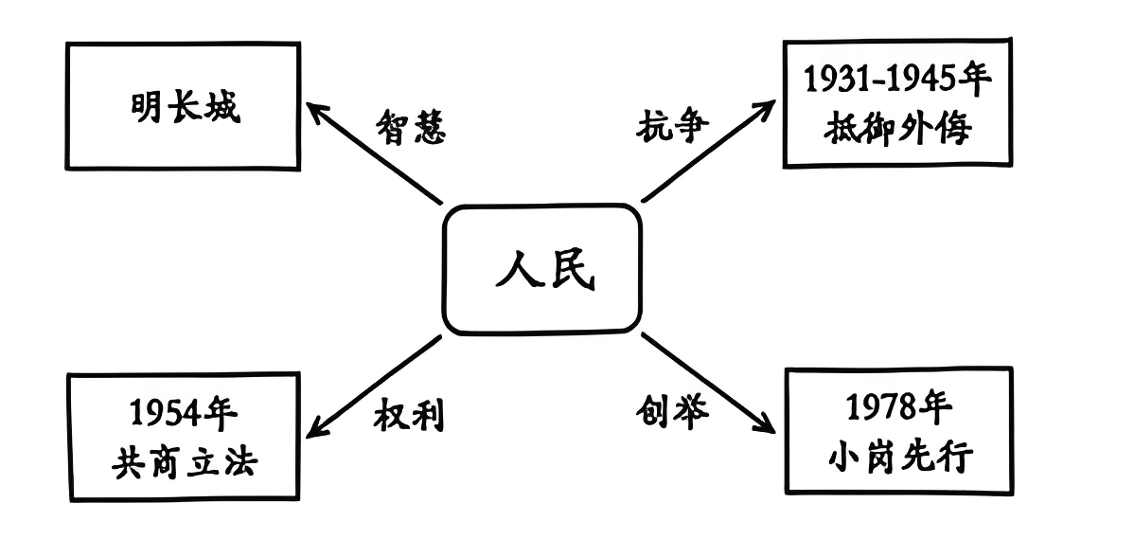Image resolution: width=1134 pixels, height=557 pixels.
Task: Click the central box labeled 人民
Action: point(543,269)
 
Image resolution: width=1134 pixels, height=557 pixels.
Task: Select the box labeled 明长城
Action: point(184,105)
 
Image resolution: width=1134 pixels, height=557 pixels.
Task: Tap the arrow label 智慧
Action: point(410,126)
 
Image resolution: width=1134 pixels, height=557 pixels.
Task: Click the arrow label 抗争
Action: point(672,126)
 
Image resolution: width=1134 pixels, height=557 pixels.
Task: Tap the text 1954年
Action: point(184,413)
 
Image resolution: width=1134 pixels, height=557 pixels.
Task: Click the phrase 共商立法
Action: point(184,461)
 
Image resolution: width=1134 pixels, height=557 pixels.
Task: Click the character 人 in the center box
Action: point(518,270)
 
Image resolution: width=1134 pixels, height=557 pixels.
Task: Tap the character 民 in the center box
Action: point(571,270)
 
